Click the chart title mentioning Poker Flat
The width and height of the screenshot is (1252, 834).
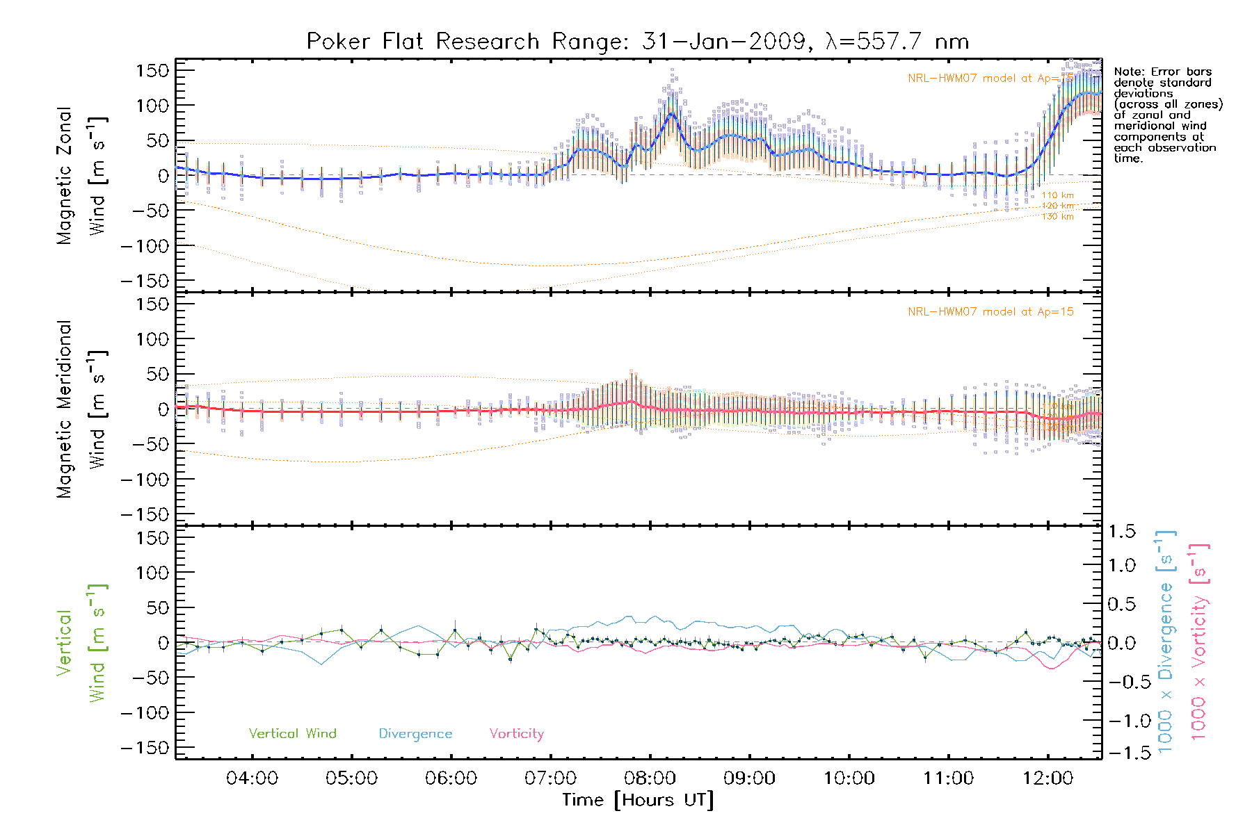pos(638,42)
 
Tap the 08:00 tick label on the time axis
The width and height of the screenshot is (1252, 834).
pos(650,778)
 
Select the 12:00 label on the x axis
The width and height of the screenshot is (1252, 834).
pos(1048,778)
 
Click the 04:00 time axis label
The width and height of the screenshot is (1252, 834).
pos(252,778)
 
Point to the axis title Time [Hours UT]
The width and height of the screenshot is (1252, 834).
pos(638,800)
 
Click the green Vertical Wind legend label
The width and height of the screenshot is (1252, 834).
pos(292,734)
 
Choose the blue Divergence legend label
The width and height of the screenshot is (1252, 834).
pos(415,734)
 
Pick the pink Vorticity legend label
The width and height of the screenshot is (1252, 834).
pos(516,734)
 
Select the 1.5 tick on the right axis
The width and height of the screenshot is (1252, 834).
pos(1121,532)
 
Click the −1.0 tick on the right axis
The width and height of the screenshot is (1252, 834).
pos(1120,721)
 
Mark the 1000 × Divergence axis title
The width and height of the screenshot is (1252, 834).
pos(1166,641)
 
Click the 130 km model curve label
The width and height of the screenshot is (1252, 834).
pos(1057,217)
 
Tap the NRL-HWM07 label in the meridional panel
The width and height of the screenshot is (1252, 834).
pos(990,312)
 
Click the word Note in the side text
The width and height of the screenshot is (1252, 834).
pos(1127,72)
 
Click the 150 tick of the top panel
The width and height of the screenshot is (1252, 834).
pos(152,71)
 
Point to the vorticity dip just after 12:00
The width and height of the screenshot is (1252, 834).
pos(1051,669)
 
